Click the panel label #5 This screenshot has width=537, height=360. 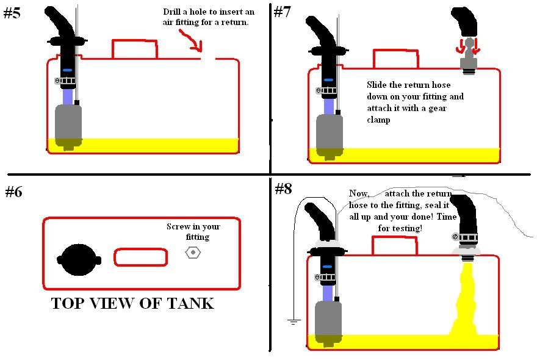(12, 13)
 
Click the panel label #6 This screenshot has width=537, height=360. (13, 192)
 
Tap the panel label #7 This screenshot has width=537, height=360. (283, 12)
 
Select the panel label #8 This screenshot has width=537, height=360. (283, 189)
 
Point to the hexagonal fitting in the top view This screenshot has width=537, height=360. (193, 251)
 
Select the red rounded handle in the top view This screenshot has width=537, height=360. (140, 257)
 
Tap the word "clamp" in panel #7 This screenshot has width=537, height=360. (379, 120)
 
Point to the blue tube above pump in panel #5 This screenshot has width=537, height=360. (67, 96)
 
